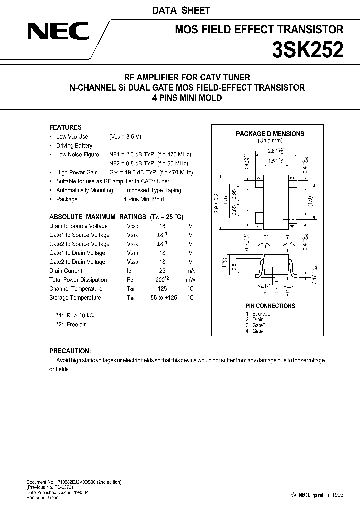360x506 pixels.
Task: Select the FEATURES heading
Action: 65,127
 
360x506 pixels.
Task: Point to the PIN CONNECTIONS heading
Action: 270,306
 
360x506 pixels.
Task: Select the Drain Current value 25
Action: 162,271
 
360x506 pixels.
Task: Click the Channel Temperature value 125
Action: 162,289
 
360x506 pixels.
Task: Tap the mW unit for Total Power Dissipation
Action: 190,280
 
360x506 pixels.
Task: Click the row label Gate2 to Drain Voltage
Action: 77,262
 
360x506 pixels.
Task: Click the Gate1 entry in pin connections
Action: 258,331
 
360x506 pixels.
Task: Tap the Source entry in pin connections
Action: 260,313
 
